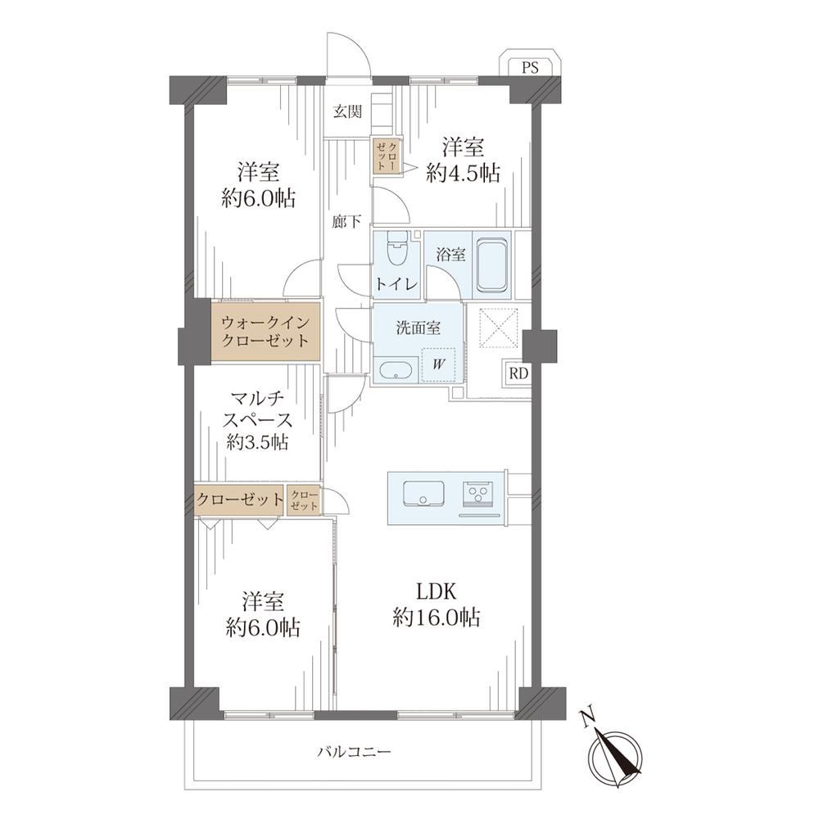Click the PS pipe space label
530,67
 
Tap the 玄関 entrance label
348,111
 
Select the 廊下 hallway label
346,222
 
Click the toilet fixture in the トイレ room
397,249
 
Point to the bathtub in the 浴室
492,265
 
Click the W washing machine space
438,364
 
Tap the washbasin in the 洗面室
397,370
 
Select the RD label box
518,373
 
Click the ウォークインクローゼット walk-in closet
265,332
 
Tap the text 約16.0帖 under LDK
437,618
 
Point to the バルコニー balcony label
354,752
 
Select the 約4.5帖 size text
463,174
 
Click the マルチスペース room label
257,410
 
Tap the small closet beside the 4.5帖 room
387,155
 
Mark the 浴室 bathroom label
450,256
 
